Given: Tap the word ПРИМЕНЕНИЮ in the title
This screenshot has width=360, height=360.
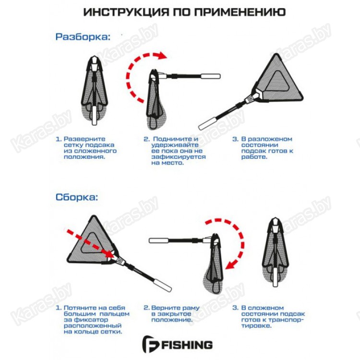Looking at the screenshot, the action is pyautogui.click(x=240, y=12).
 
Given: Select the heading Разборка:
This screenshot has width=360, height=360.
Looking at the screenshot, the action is pyautogui.click(x=83, y=37).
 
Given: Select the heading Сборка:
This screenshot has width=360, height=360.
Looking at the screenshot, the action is pyautogui.click(x=77, y=197).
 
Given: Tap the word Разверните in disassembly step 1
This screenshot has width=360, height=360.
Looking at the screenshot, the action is pyautogui.click(x=84, y=139).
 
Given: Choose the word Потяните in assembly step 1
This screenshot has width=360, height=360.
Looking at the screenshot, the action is pyautogui.click(x=80, y=308).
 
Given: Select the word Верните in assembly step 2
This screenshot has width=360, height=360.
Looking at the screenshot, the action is pyautogui.click(x=165, y=308).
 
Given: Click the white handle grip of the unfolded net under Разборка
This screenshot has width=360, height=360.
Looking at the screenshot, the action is pyautogui.click(x=207, y=124).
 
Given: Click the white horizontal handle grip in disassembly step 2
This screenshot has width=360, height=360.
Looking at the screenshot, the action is pyautogui.click(x=211, y=76).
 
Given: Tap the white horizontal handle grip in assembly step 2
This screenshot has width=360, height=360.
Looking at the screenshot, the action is pyautogui.click(x=159, y=240).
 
